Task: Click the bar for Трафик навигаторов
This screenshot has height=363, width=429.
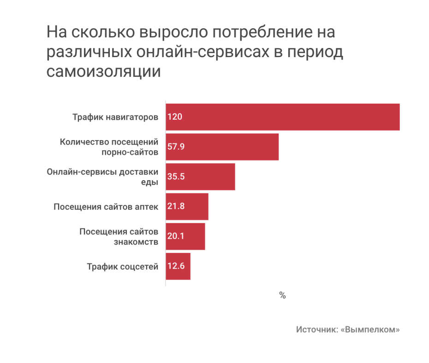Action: click(282, 117)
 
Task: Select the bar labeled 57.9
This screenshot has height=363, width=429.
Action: click(222, 147)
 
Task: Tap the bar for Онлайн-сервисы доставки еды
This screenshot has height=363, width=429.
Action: click(200, 177)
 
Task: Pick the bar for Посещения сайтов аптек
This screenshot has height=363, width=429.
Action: click(187, 207)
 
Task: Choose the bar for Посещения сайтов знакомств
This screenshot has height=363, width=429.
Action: click(185, 236)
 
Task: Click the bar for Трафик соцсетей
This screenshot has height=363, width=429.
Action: click(178, 266)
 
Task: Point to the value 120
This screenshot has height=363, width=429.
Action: click(175, 117)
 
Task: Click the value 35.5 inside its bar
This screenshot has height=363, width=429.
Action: click(176, 177)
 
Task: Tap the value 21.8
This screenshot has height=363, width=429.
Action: click(176, 207)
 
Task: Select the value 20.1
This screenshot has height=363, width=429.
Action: click(176, 236)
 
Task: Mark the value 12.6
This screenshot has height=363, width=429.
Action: click(176, 266)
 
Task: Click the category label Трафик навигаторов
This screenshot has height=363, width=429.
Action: click(115, 117)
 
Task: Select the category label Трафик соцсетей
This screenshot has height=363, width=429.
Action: click(122, 266)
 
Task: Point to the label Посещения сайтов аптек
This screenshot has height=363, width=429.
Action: click(106, 207)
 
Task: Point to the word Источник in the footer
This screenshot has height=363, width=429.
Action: click(316, 330)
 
